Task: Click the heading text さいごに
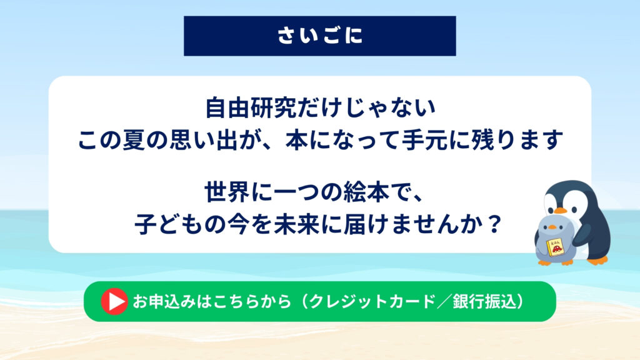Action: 320,36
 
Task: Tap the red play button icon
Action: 114,301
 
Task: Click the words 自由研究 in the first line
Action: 251,107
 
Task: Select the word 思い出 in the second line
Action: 192,140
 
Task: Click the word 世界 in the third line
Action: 227,192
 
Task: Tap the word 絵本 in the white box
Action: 366,192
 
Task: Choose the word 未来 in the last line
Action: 296,224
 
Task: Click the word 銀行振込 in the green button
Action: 484,302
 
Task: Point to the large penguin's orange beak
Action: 561,211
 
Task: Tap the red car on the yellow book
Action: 557,249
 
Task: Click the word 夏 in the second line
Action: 134,140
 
